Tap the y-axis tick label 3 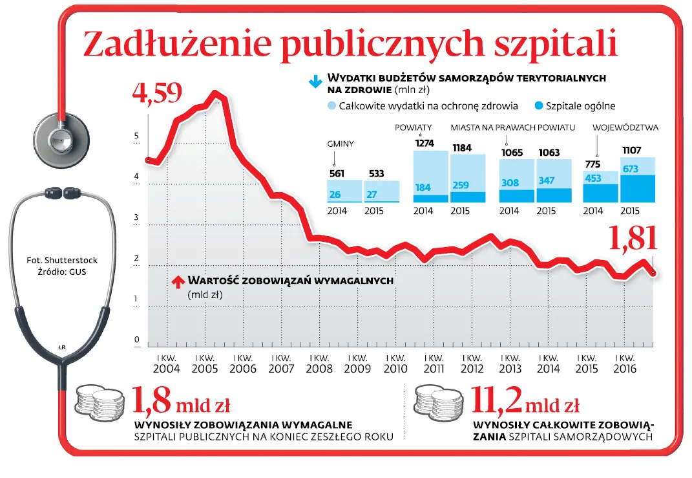pyautogui.click(x=136, y=218)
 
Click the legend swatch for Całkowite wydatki pyautogui.click(x=331, y=105)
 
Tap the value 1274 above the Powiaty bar pyautogui.click(x=425, y=143)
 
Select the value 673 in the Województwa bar pyautogui.click(x=630, y=169)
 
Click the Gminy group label pyautogui.click(x=341, y=144)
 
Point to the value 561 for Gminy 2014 pyautogui.click(x=337, y=173)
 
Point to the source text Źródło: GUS pyautogui.click(x=62, y=272)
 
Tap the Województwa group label pyautogui.click(x=625, y=127)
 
